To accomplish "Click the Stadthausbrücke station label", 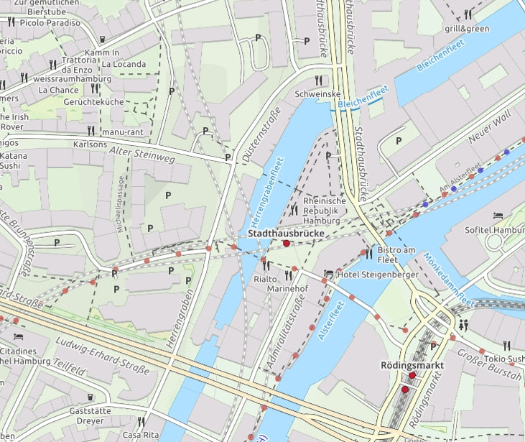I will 287,234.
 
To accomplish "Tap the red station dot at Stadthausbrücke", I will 287,244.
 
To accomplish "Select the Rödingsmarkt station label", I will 412,366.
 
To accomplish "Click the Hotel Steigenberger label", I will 373,274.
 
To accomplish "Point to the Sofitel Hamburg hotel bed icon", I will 498,216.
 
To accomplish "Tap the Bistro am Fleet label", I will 396,254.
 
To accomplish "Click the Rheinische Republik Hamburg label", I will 325,211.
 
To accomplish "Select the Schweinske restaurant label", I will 317,93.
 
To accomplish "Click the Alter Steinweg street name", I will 142,152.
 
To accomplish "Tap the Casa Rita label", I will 141,436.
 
